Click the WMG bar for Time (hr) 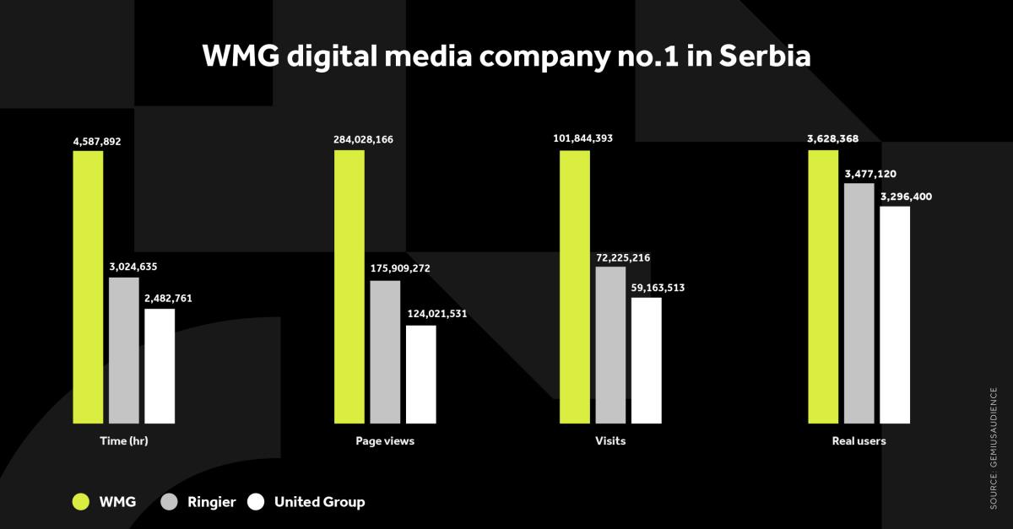[x=88, y=287]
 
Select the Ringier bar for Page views [x=385, y=351]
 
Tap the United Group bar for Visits [x=647, y=359]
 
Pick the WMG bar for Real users [x=823, y=287]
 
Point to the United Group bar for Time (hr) [x=160, y=365]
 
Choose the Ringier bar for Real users [x=859, y=303]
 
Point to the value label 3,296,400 [x=908, y=197]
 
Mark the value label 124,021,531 [x=436, y=314]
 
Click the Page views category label [x=385, y=441]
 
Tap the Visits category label [x=610, y=441]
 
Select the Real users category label [x=859, y=441]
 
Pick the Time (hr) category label [x=123, y=441]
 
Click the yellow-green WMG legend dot [x=81, y=502]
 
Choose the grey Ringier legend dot [x=168, y=502]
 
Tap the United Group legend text [x=319, y=502]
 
